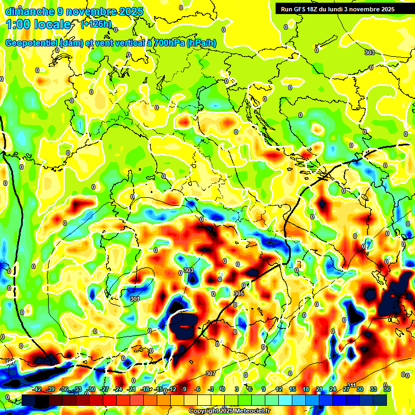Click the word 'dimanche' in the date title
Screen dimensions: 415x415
(x=26, y=11)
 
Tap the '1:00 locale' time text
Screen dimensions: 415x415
(x=38, y=24)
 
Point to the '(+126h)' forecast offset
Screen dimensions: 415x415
(x=96, y=24)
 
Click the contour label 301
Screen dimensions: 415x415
(x=135, y=298)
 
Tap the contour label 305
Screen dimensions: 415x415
(x=239, y=293)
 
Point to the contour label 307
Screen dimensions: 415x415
(x=211, y=373)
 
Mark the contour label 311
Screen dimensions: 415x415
(x=351, y=385)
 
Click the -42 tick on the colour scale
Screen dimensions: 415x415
(x=37, y=389)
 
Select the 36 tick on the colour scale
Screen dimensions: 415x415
(x=387, y=389)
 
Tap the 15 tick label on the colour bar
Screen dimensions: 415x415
(x=292, y=389)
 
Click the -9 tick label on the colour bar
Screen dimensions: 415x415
(x=184, y=389)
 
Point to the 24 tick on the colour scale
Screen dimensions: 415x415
(x=333, y=389)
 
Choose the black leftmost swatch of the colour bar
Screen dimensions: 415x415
(x=29, y=400)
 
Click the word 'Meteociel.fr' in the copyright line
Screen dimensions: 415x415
(x=251, y=411)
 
